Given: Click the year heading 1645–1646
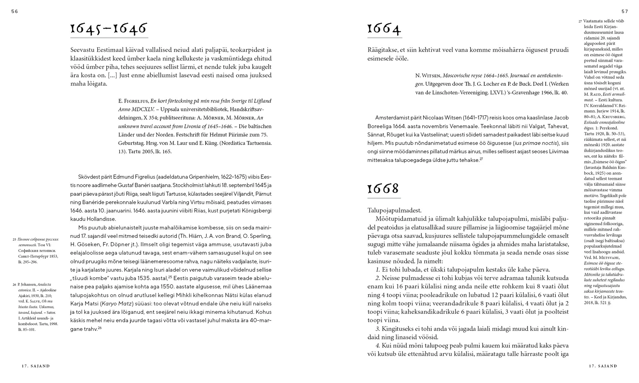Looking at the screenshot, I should click(109, 29).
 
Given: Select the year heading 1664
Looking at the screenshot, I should click(384, 29).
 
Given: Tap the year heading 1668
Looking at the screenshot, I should click(383, 189).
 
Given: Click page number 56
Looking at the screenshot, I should click(15, 12).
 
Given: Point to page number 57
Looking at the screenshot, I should click(625, 12).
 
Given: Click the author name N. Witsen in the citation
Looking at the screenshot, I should click(427, 76).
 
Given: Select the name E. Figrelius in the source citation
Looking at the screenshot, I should click(133, 101).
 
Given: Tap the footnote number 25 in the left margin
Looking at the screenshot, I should click(14, 240).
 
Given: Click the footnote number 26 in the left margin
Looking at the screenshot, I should click(14, 285).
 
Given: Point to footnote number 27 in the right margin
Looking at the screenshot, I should click(580, 22).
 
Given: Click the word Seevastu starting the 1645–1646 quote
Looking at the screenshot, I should click(82, 50).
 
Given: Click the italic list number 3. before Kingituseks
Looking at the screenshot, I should click(378, 329).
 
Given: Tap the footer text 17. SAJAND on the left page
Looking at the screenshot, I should click(36, 366).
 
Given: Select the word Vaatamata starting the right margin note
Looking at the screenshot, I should click(592, 21).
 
